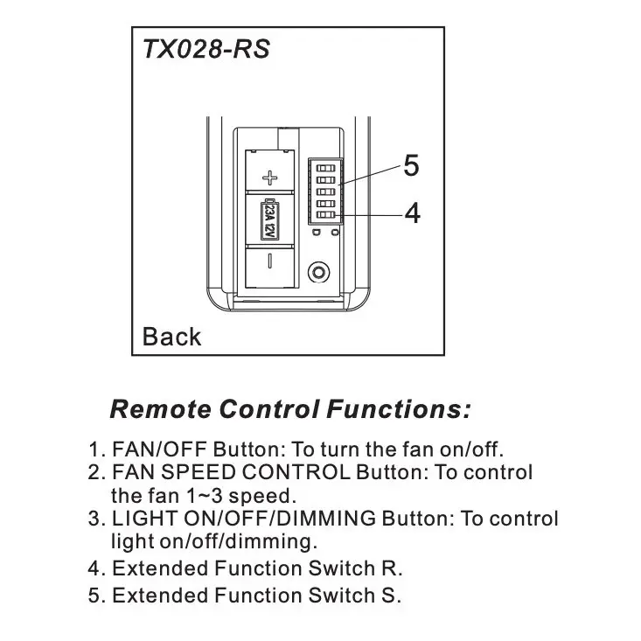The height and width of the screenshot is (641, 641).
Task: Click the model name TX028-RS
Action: [x=206, y=49]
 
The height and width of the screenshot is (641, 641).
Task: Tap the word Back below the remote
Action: [x=171, y=337]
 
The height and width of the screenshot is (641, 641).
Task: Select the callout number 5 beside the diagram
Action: [x=411, y=166]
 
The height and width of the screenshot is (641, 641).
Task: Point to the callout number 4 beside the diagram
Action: [x=411, y=213]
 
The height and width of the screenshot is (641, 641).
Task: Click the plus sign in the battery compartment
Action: [x=270, y=178]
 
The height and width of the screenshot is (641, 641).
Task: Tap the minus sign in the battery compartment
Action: [x=270, y=260]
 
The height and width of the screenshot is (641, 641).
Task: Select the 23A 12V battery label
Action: [x=269, y=219]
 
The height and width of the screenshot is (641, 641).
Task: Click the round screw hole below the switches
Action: [x=320, y=272]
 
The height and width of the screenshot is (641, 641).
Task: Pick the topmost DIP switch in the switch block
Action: [x=325, y=164]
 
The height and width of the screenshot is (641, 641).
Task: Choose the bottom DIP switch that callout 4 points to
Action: [x=325, y=216]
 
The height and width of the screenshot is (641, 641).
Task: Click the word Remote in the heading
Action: [x=161, y=408]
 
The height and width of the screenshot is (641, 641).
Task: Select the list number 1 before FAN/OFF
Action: [x=94, y=450]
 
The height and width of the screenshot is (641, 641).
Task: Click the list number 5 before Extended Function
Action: [x=94, y=596]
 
